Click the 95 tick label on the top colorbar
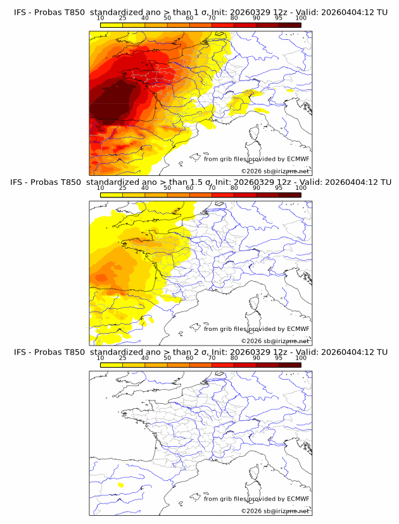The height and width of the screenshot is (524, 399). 279,18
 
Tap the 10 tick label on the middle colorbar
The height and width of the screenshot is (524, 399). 101,188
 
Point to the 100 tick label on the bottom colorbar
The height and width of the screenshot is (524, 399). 301,358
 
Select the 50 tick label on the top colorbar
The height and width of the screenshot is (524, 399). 167,18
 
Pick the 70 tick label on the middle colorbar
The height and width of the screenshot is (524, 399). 212,188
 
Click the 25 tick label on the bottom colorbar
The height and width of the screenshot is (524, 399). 123,358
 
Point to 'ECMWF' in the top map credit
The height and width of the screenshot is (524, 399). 298,159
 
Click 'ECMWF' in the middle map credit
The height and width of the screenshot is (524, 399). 298,329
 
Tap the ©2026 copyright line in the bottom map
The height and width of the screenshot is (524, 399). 275,511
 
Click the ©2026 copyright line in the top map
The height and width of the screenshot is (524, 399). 275,172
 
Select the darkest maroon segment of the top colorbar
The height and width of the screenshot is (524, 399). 290,25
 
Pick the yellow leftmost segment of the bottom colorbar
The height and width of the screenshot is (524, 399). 111,365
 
